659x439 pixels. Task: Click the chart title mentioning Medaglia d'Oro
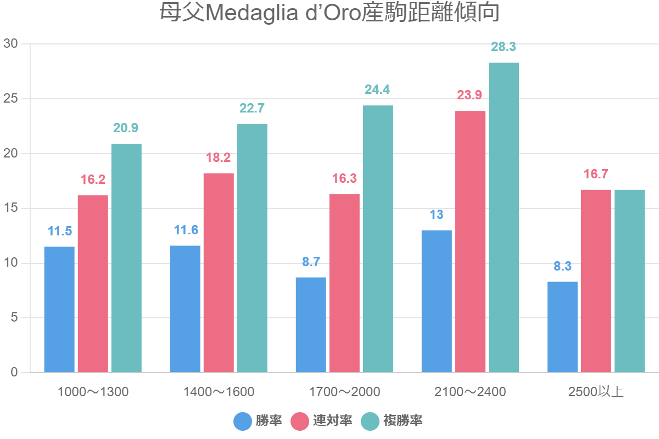[329, 13]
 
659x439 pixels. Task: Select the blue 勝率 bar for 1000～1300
[59, 309]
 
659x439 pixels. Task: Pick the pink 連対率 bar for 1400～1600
[219, 273]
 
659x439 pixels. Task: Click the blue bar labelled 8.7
[311, 325]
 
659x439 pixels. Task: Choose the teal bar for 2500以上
[629, 281]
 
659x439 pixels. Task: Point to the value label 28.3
[504, 47]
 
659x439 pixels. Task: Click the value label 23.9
[470, 95]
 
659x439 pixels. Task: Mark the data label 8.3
[562, 267]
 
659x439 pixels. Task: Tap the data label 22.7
[252, 109]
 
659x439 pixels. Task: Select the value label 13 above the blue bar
[437, 215]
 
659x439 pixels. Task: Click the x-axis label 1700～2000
[344, 392]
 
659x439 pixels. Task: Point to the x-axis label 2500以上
[596, 392]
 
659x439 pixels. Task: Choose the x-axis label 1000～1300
[93, 392]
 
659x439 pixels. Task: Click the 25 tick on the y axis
[10, 99]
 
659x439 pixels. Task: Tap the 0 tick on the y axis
[14, 373]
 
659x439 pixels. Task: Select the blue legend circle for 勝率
[243, 421]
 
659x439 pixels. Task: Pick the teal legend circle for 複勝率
[370, 421]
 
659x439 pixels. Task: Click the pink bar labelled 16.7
[596, 281]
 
